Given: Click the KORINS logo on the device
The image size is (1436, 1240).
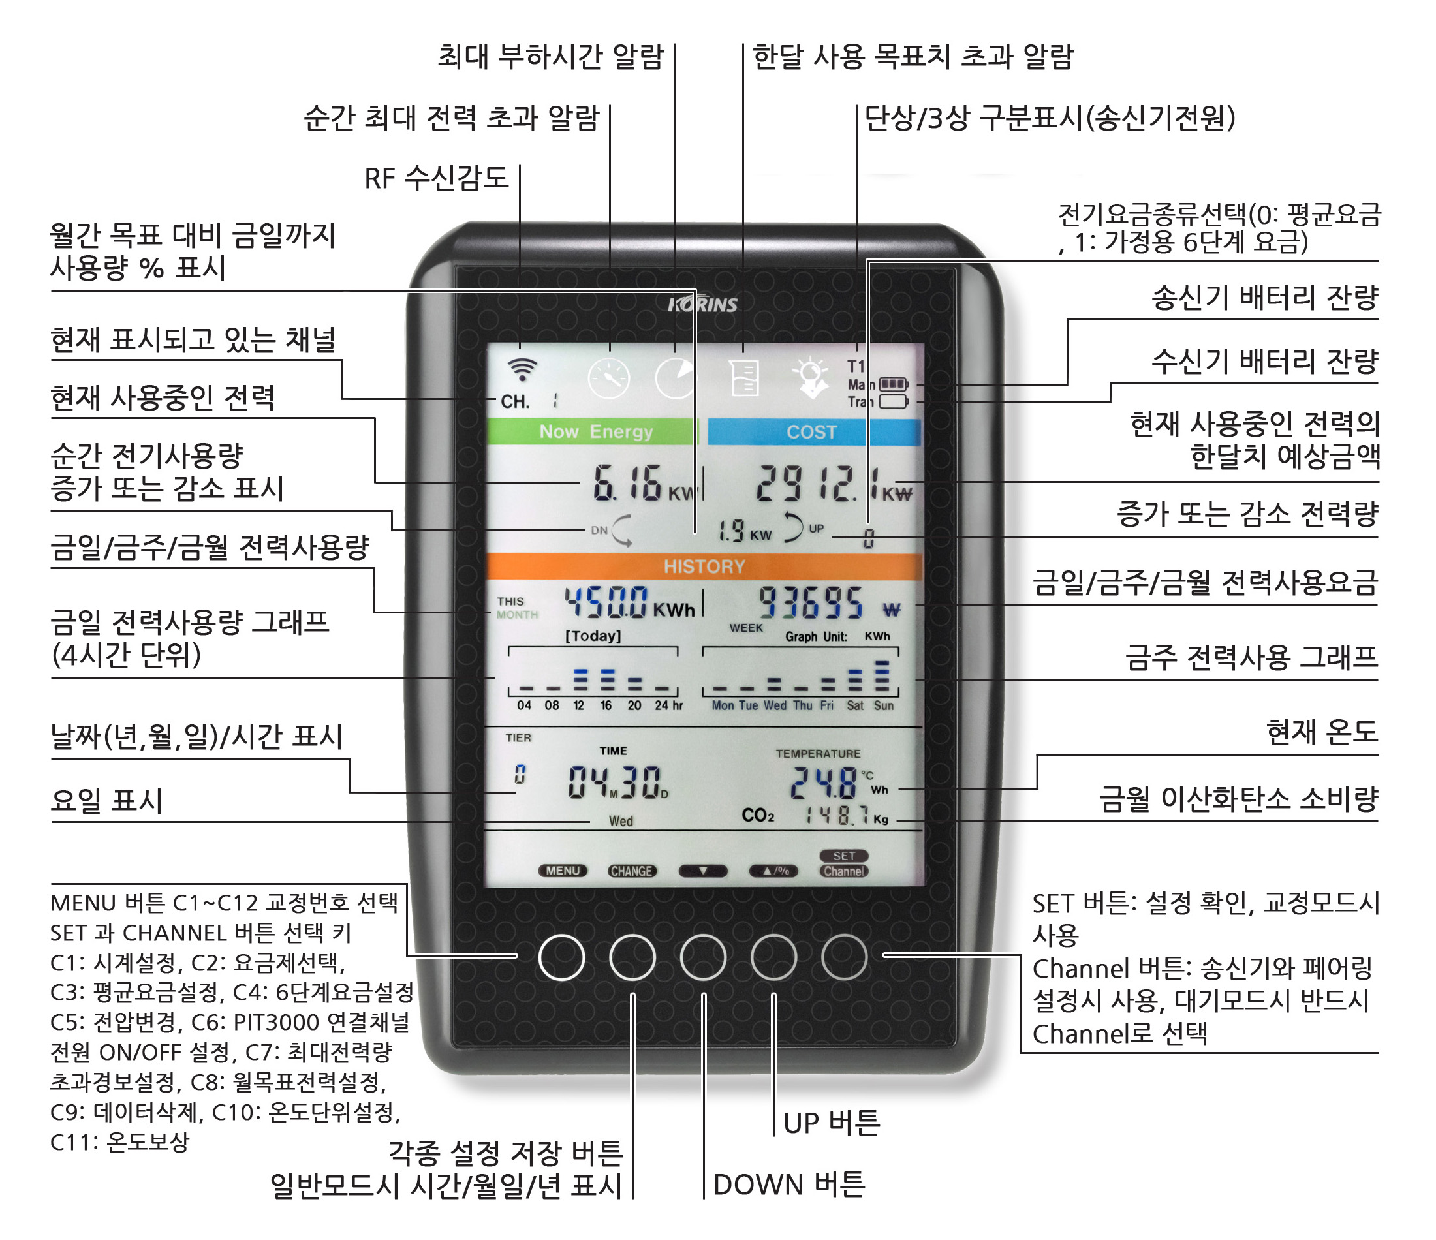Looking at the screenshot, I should click(x=702, y=304).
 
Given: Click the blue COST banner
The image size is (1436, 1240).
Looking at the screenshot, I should click(x=813, y=432).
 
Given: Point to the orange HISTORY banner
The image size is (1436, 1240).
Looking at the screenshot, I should click(x=704, y=566).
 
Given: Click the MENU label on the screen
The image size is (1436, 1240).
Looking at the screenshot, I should click(x=563, y=871).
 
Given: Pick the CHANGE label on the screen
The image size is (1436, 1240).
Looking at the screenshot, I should click(x=631, y=871).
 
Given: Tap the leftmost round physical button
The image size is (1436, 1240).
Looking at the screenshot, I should click(x=561, y=957).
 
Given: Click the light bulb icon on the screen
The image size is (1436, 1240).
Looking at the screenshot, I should click(x=811, y=378).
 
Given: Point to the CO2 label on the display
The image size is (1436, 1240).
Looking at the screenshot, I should click(x=758, y=816).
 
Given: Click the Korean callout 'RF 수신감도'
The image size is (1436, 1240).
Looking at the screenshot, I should click(x=436, y=178).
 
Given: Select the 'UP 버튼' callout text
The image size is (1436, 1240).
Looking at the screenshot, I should click(x=831, y=1122).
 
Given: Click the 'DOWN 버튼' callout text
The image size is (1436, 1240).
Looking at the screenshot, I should click(x=788, y=1185).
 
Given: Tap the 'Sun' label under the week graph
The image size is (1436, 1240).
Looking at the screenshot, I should click(x=883, y=705).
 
